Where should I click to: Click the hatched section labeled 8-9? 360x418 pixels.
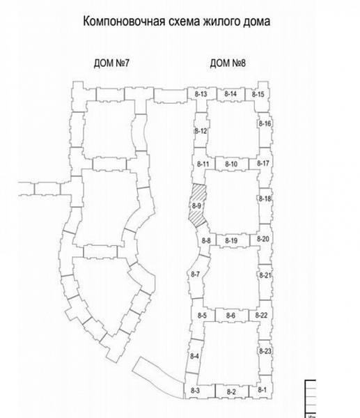tap(198, 206)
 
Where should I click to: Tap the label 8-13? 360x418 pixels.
tap(201, 94)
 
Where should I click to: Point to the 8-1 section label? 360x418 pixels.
tap(262, 389)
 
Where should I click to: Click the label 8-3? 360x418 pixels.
tap(195, 391)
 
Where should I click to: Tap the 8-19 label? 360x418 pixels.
tap(231, 241)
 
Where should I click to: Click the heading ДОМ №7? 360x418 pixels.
tap(111, 63)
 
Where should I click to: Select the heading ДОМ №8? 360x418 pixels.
tap(228, 63)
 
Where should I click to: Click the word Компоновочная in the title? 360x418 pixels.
tap(124, 21)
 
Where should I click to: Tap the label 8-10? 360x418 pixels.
tap(231, 164)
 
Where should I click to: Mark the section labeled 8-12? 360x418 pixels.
tap(201, 130)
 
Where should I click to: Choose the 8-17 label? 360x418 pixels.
tap(263, 163)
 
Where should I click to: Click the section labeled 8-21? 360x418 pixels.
tap(265, 282)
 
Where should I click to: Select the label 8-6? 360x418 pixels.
tap(230, 316)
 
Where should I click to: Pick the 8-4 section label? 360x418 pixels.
tap(194, 356)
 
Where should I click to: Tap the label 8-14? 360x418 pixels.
tap(230, 94)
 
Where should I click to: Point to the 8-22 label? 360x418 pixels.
tap(261, 316)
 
